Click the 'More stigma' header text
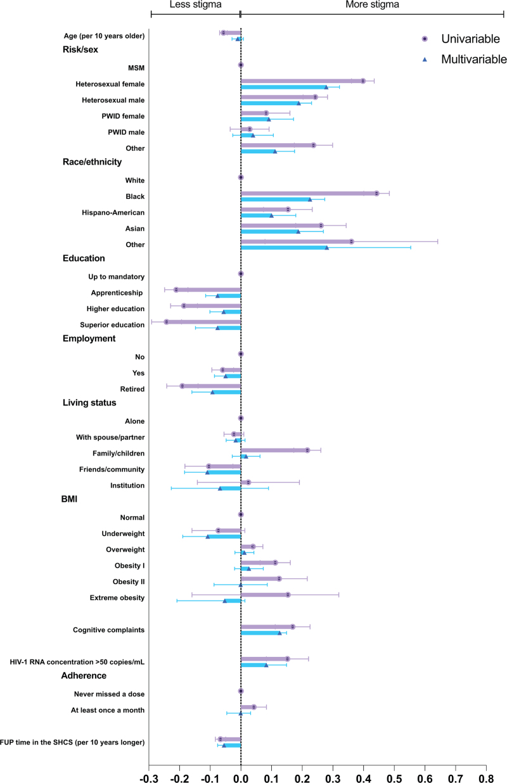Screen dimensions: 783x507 point(368,5)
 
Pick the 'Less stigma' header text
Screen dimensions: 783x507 point(196,5)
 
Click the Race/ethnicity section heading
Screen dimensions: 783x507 point(92,162)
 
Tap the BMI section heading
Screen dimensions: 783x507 point(69,499)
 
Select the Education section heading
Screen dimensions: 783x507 point(84,258)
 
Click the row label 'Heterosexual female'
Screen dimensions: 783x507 point(110,84)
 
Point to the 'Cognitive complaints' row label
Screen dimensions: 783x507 point(108,630)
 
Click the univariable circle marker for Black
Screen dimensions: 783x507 point(376,193)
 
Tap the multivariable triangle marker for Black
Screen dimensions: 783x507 point(310,199)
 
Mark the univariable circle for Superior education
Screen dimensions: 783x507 point(166,322)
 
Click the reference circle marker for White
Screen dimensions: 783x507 point(241,177)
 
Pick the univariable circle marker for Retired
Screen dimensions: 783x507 point(182,386)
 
